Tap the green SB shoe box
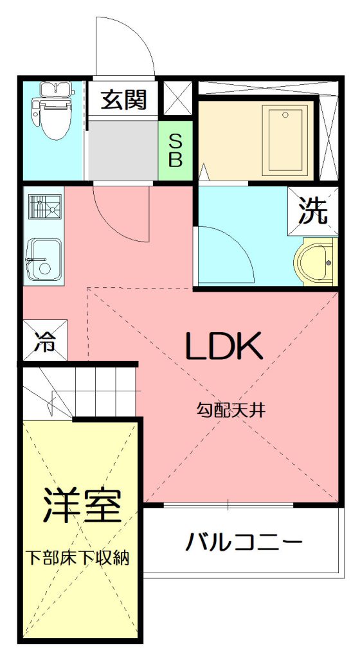click(x=175, y=150)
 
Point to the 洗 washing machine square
click(x=312, y=211)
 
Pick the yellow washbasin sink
click(x=317, y=262)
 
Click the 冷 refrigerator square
click(x=45, y=341)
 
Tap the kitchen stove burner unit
click(x=45, y=207)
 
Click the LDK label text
click(x=224, y=346)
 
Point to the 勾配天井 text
click(x=231, y=410)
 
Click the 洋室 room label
click(x=82, y=504)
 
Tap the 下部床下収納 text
click(x=79, y=558)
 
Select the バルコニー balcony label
click(x=244, y=542)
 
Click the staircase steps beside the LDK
click(x=80, y=392)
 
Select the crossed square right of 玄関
click(x=177, y=98)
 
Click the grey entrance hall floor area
click(x=122, y=150)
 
